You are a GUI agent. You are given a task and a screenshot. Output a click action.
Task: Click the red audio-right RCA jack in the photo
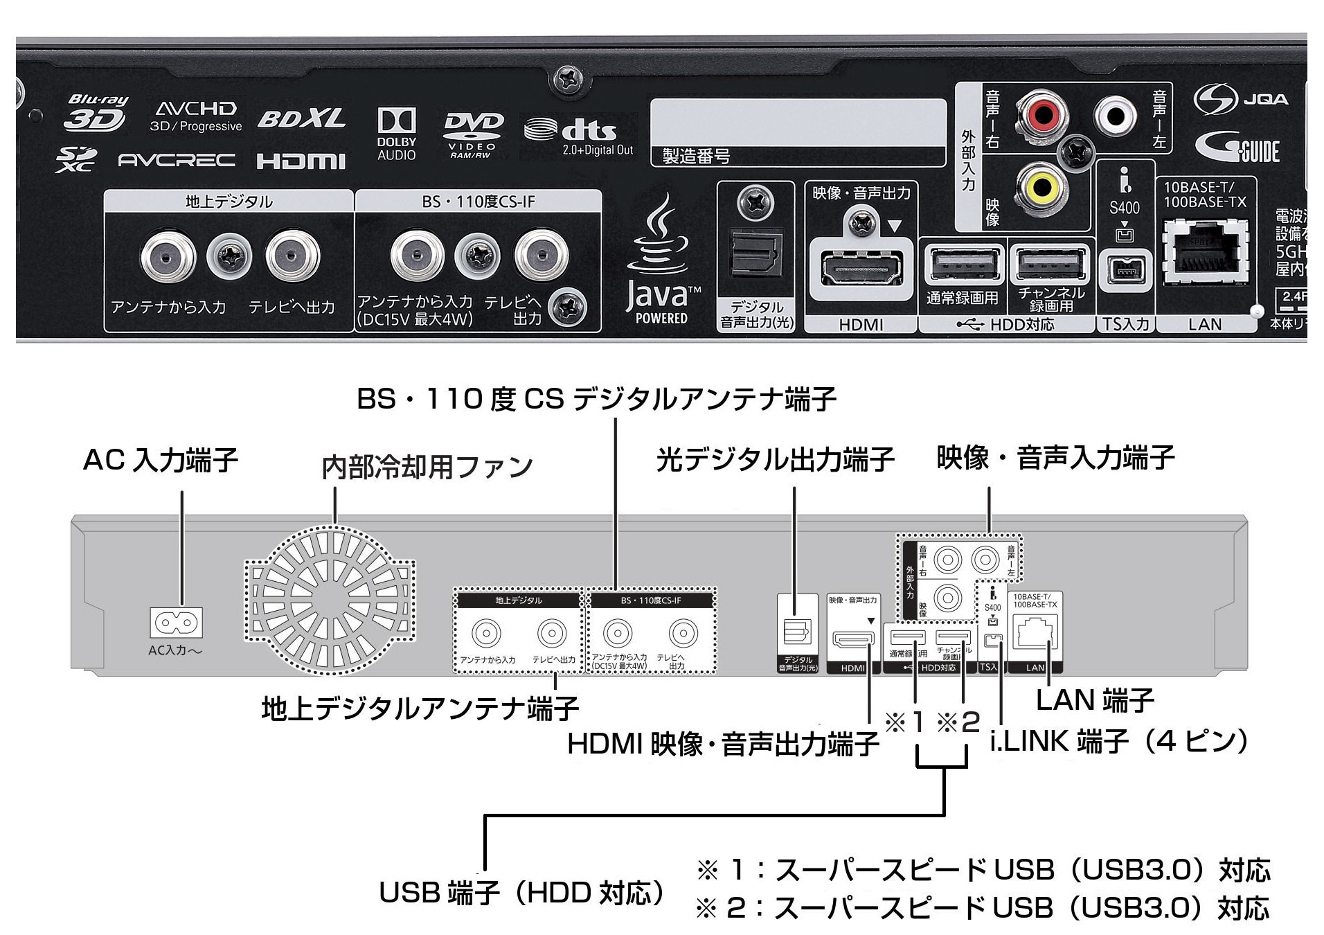pos(1042,114)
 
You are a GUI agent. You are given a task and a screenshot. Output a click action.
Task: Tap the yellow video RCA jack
pos(1042,185)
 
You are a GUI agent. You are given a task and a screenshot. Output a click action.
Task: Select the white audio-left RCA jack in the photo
pos(1115,114)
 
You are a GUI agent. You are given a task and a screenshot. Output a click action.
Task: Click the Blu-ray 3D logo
pos(96,114)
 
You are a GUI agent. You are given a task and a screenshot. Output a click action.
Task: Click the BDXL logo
pos(301,119)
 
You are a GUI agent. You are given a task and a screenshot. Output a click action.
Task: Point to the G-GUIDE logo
pos(1237,148)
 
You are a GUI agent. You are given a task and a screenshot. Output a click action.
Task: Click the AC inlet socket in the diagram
pos(176,622)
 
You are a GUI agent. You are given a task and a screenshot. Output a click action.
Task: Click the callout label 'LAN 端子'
pos(1095,700)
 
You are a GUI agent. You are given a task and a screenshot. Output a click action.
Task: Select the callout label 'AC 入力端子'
pos(161,460)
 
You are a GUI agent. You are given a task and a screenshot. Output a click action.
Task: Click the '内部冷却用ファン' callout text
pos(427,467)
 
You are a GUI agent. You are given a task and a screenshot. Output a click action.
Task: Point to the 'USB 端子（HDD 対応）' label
pos(521,893)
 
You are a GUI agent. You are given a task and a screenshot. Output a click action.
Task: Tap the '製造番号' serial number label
pos(697,157)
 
